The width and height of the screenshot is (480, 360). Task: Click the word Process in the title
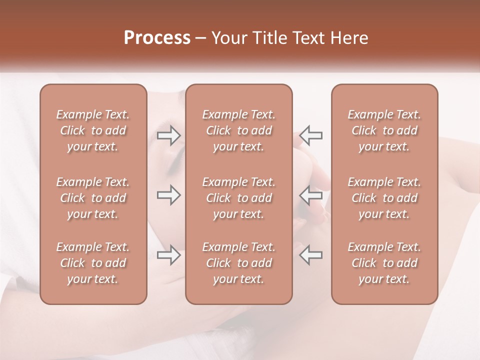click(x=157, y=38)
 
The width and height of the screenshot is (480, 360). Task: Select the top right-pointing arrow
click(x=168, y=135)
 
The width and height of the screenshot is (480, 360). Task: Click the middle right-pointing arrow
click(x=168, y=195)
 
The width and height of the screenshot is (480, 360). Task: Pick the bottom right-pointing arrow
click(x=168, y=255)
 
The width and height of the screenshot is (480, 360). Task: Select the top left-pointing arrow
click(x=311, y=135)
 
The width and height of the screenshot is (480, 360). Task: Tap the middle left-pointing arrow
click(x=311, y=195)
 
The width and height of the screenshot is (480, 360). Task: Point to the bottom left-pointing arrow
click(x=311, y=255)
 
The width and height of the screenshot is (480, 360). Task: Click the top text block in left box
click(x=93, y=130)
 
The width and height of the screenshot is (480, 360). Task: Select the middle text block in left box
click(x=93, y=198)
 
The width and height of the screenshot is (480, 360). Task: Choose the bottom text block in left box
click(x=93, y=263)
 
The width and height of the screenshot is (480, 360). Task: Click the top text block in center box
click(x=238, y=130)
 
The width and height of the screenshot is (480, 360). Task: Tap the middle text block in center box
click(x=238, y=198)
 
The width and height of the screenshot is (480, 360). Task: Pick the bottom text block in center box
click(x=238, y=263)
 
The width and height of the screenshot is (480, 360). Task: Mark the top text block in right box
click(x=384, y=130)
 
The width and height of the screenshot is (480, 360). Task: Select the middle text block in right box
click(x=384, y=198)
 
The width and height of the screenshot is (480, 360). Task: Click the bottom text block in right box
click(x=384, y=263)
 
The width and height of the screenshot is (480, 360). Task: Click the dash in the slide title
click(x=201, y=38)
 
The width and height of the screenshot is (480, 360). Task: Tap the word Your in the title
click(x=229, y=38)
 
